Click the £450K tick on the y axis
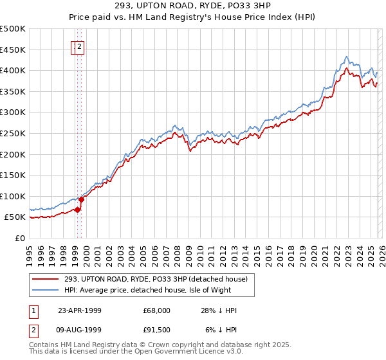(13, 50)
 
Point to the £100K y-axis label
(13, 196)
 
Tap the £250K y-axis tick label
(13, 133)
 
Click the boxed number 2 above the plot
(79, 46)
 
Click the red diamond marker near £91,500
(82, 200)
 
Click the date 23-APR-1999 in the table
(79, 310)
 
